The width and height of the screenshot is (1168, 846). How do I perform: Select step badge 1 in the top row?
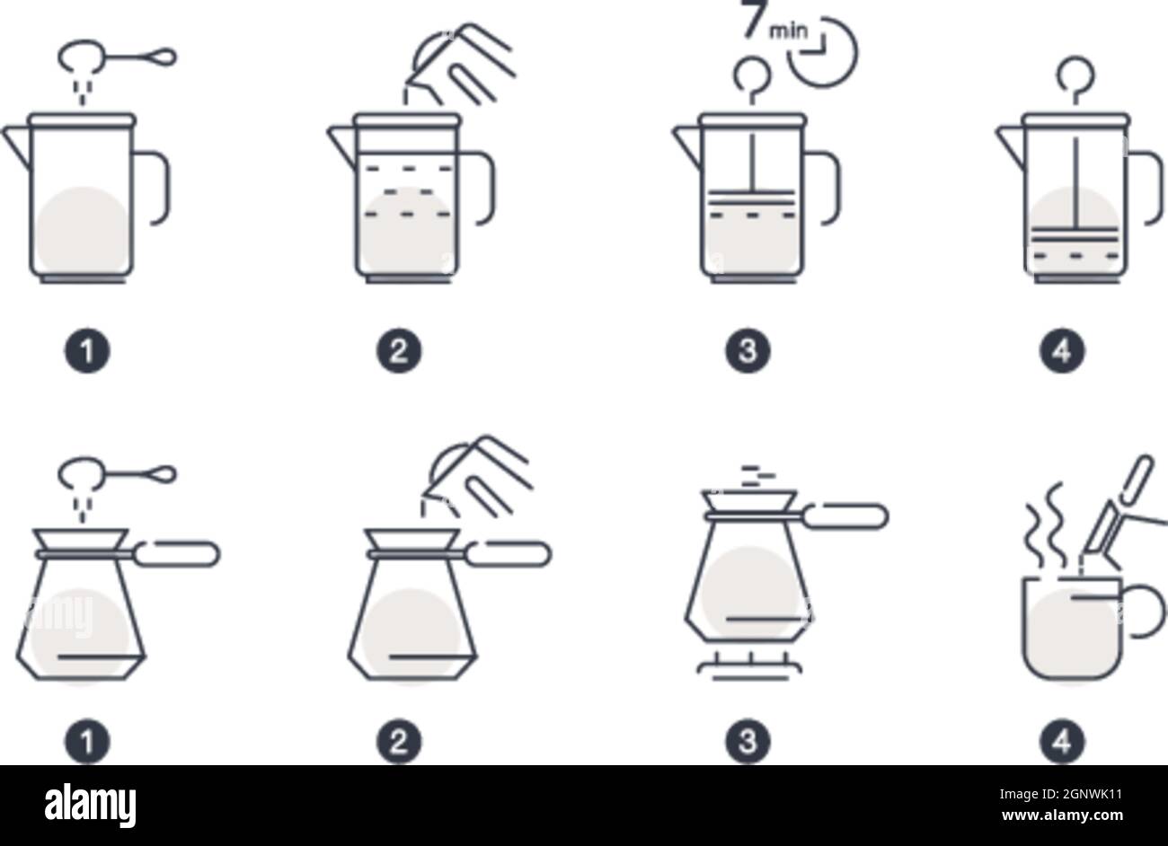[x=87, y=350]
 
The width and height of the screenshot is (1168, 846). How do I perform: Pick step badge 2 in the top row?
[x=399, y=350]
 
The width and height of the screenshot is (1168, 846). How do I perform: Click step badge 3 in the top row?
[x=748, y=350]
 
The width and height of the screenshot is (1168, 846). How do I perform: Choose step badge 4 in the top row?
[x=1062, y=350]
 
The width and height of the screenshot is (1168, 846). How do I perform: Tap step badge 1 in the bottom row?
[x=87, y=742]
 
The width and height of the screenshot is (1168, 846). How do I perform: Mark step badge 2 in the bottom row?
[x=399, y=742]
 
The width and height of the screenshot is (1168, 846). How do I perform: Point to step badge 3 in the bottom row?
[x=748, y=742]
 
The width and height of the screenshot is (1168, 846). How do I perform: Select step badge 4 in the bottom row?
[x=1062, y=742]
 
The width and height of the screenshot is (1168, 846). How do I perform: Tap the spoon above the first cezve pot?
[x=117, y=474]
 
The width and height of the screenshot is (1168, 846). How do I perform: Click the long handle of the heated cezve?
[x=845, y=516]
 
